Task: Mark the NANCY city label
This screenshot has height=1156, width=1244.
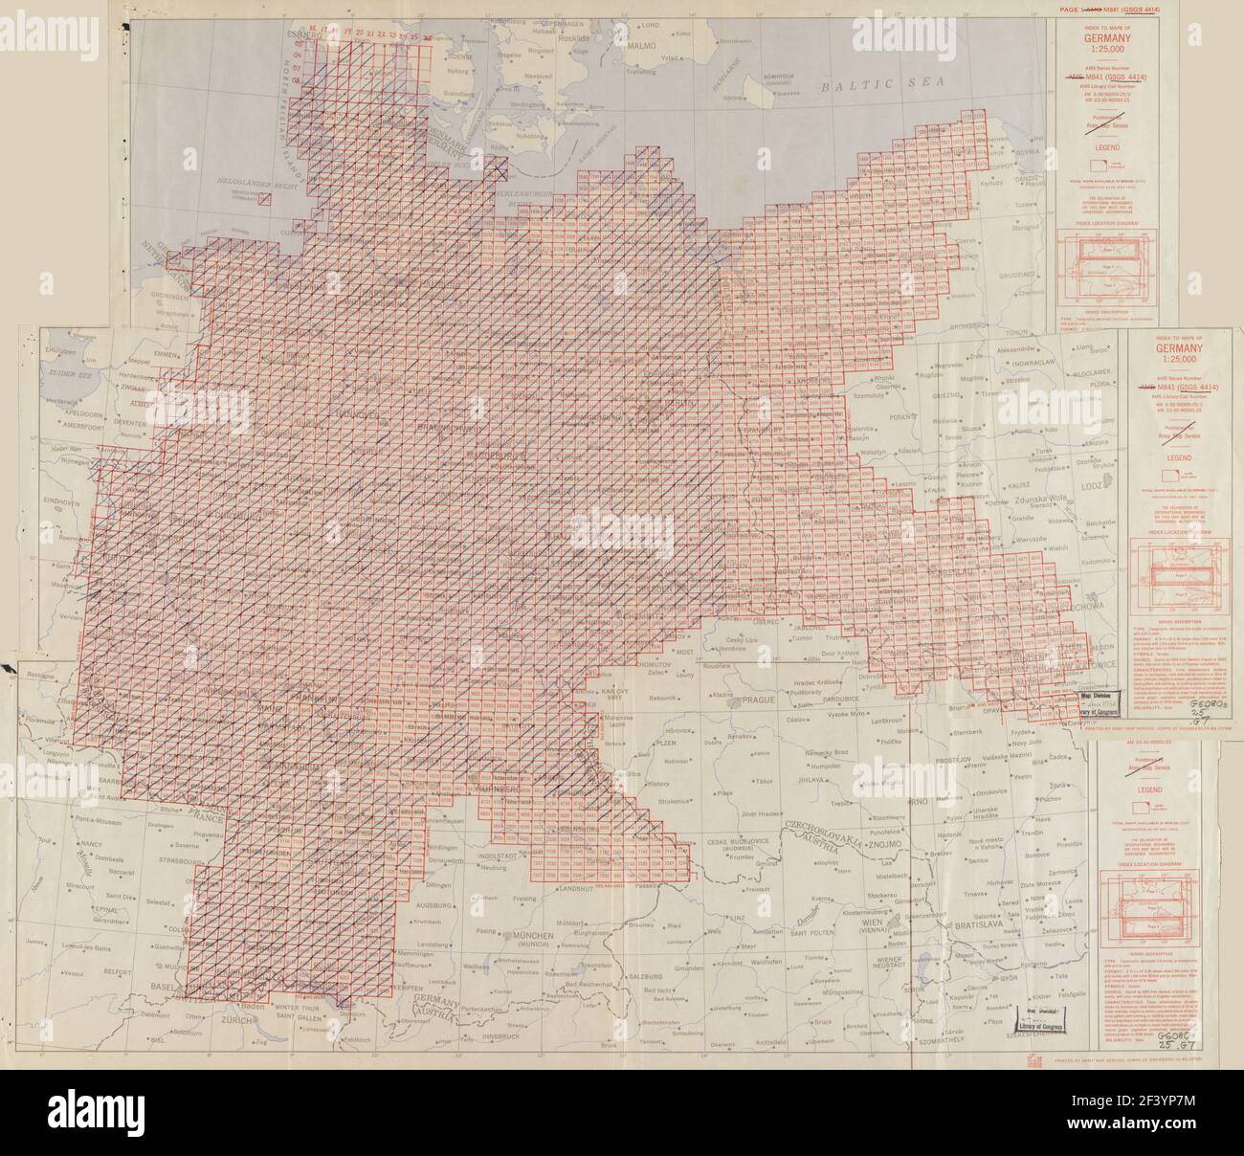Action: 92,819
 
